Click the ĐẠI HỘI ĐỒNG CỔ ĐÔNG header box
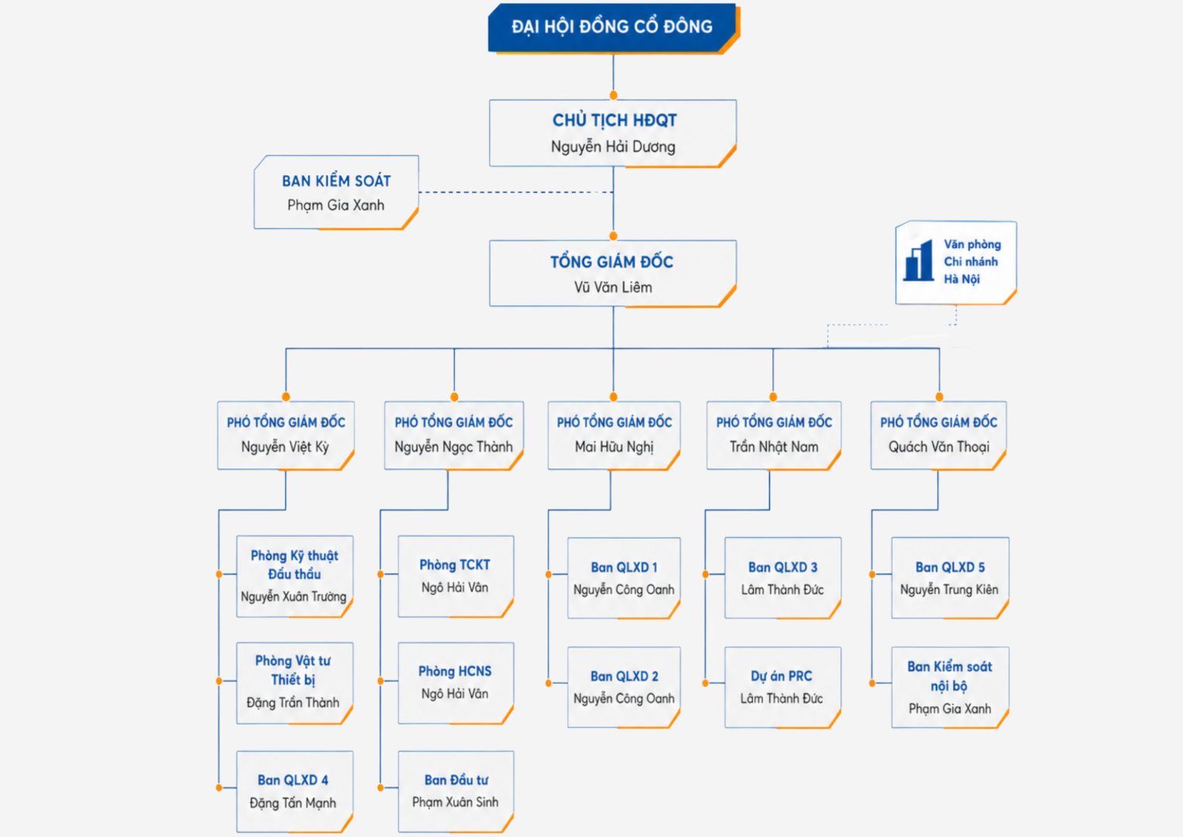[613, 28]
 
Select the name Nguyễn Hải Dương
[613, 146]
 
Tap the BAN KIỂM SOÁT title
[336, 181]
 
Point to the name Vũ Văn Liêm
[613, 287]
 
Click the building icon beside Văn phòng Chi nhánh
[918, 260]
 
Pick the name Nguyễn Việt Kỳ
[285, 447]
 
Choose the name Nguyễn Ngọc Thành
[454, 447]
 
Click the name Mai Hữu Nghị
[614, 447]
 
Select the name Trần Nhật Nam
[774, 447]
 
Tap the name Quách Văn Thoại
[939, 447]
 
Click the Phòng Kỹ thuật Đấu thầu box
[294, 577]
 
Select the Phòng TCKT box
[456, 577]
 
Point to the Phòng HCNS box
[456, 683]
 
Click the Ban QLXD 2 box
[624, 687]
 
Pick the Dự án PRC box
[782, 687]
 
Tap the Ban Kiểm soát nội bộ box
[950, 687]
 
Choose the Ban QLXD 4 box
[294, 791]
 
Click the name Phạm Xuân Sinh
[456, 802]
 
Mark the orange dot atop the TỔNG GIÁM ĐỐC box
[613, 236]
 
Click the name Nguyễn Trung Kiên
[950, 590]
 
